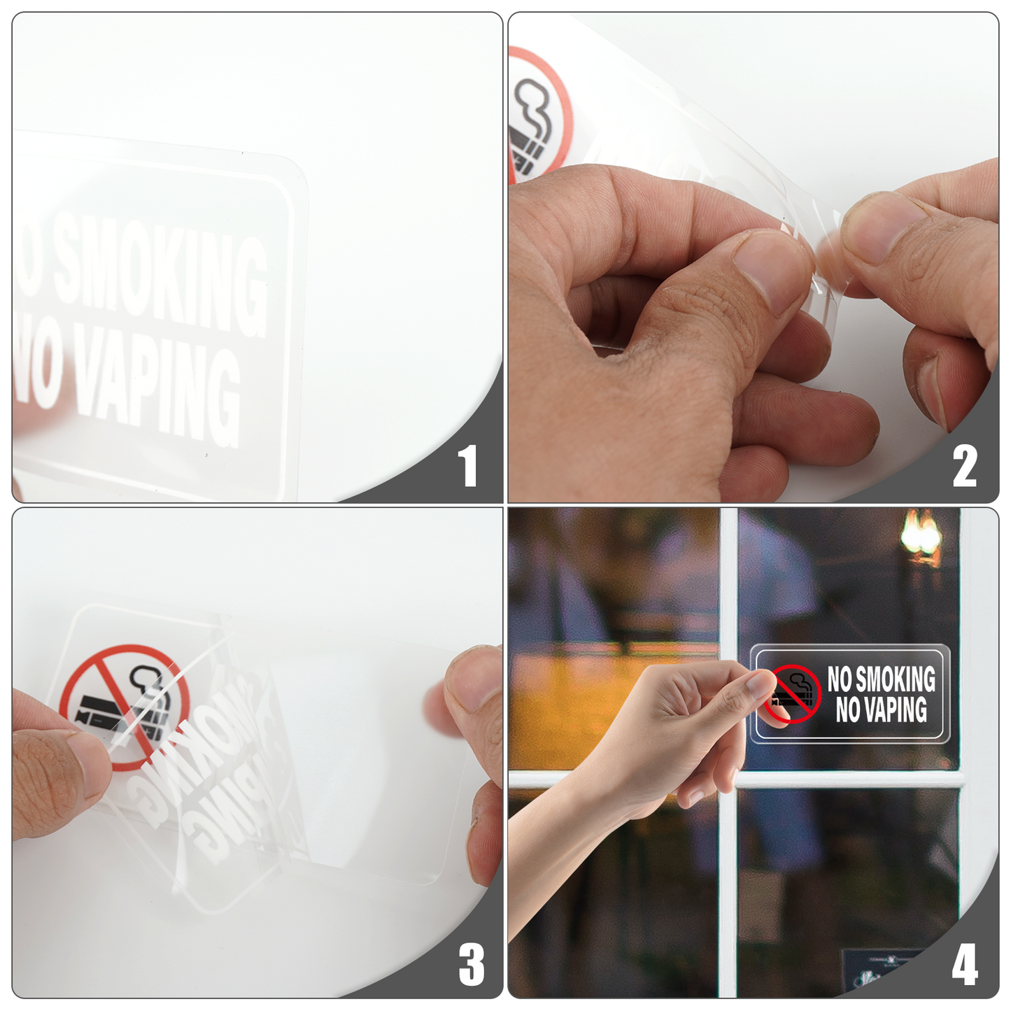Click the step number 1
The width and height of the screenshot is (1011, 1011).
(x=467, y=466)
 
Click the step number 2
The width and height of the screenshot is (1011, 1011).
(x=964, y=466)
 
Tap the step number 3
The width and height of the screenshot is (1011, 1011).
(x=471, y=964)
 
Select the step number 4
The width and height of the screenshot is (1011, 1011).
(x=964, y=964)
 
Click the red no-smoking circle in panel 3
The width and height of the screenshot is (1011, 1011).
(x=125, y=707)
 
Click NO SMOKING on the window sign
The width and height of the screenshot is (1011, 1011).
(x=881, y=679)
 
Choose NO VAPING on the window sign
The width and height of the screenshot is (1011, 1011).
(x=881, y=709)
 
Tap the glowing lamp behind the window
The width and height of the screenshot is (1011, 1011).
(x=921, y=535)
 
